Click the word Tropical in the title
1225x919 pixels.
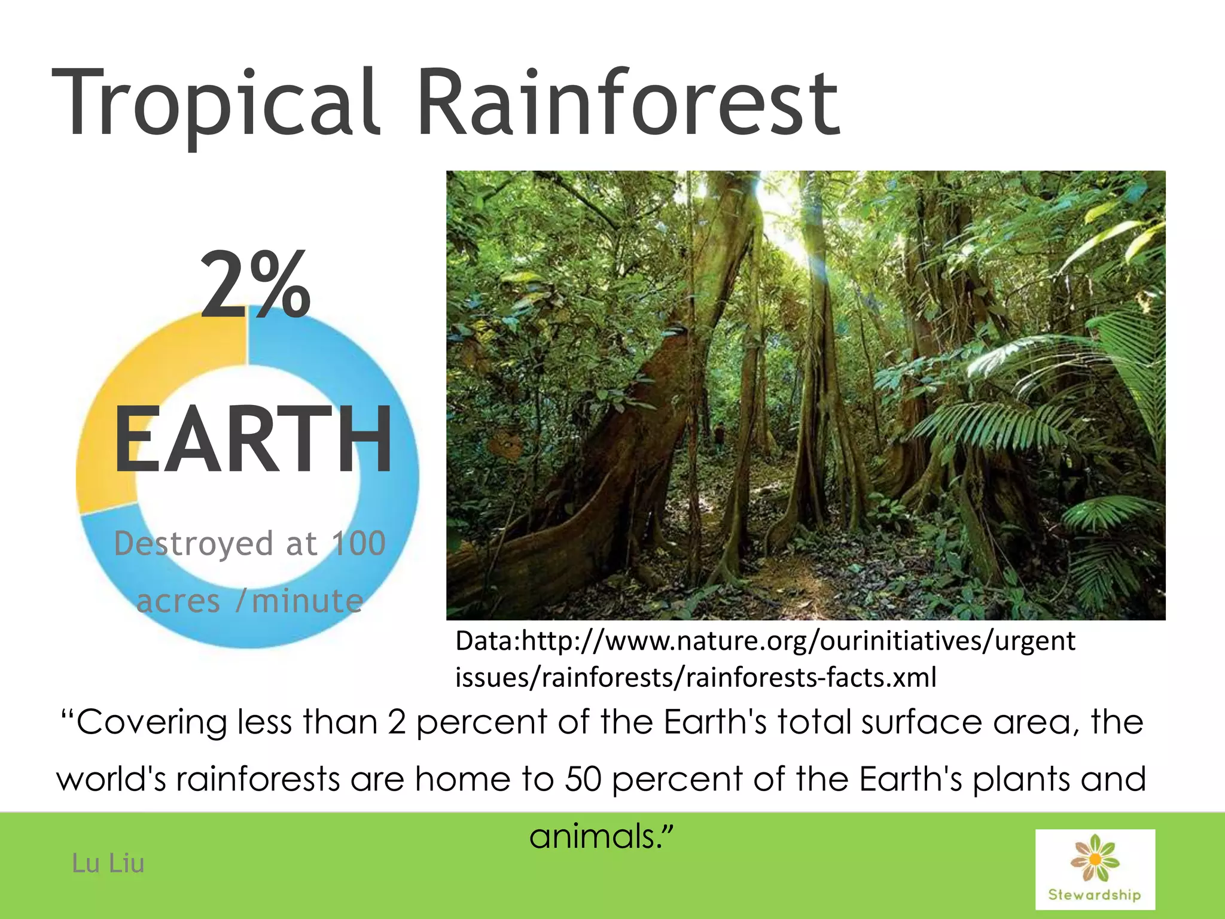point(215,103)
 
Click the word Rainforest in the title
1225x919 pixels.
point(628,103)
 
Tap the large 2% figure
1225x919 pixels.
point(255,285)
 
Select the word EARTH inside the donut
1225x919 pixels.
point(253,440)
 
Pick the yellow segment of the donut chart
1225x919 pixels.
point(120,419)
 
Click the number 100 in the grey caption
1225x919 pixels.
point(359,544)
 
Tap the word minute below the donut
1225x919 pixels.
point(307,601)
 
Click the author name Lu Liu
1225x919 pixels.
point(108,863)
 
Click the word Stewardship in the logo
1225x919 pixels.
point(1095,895)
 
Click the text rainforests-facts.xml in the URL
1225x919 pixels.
point(810,678)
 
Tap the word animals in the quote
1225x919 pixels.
point(592,836)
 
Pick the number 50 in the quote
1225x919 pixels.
point(583,779)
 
